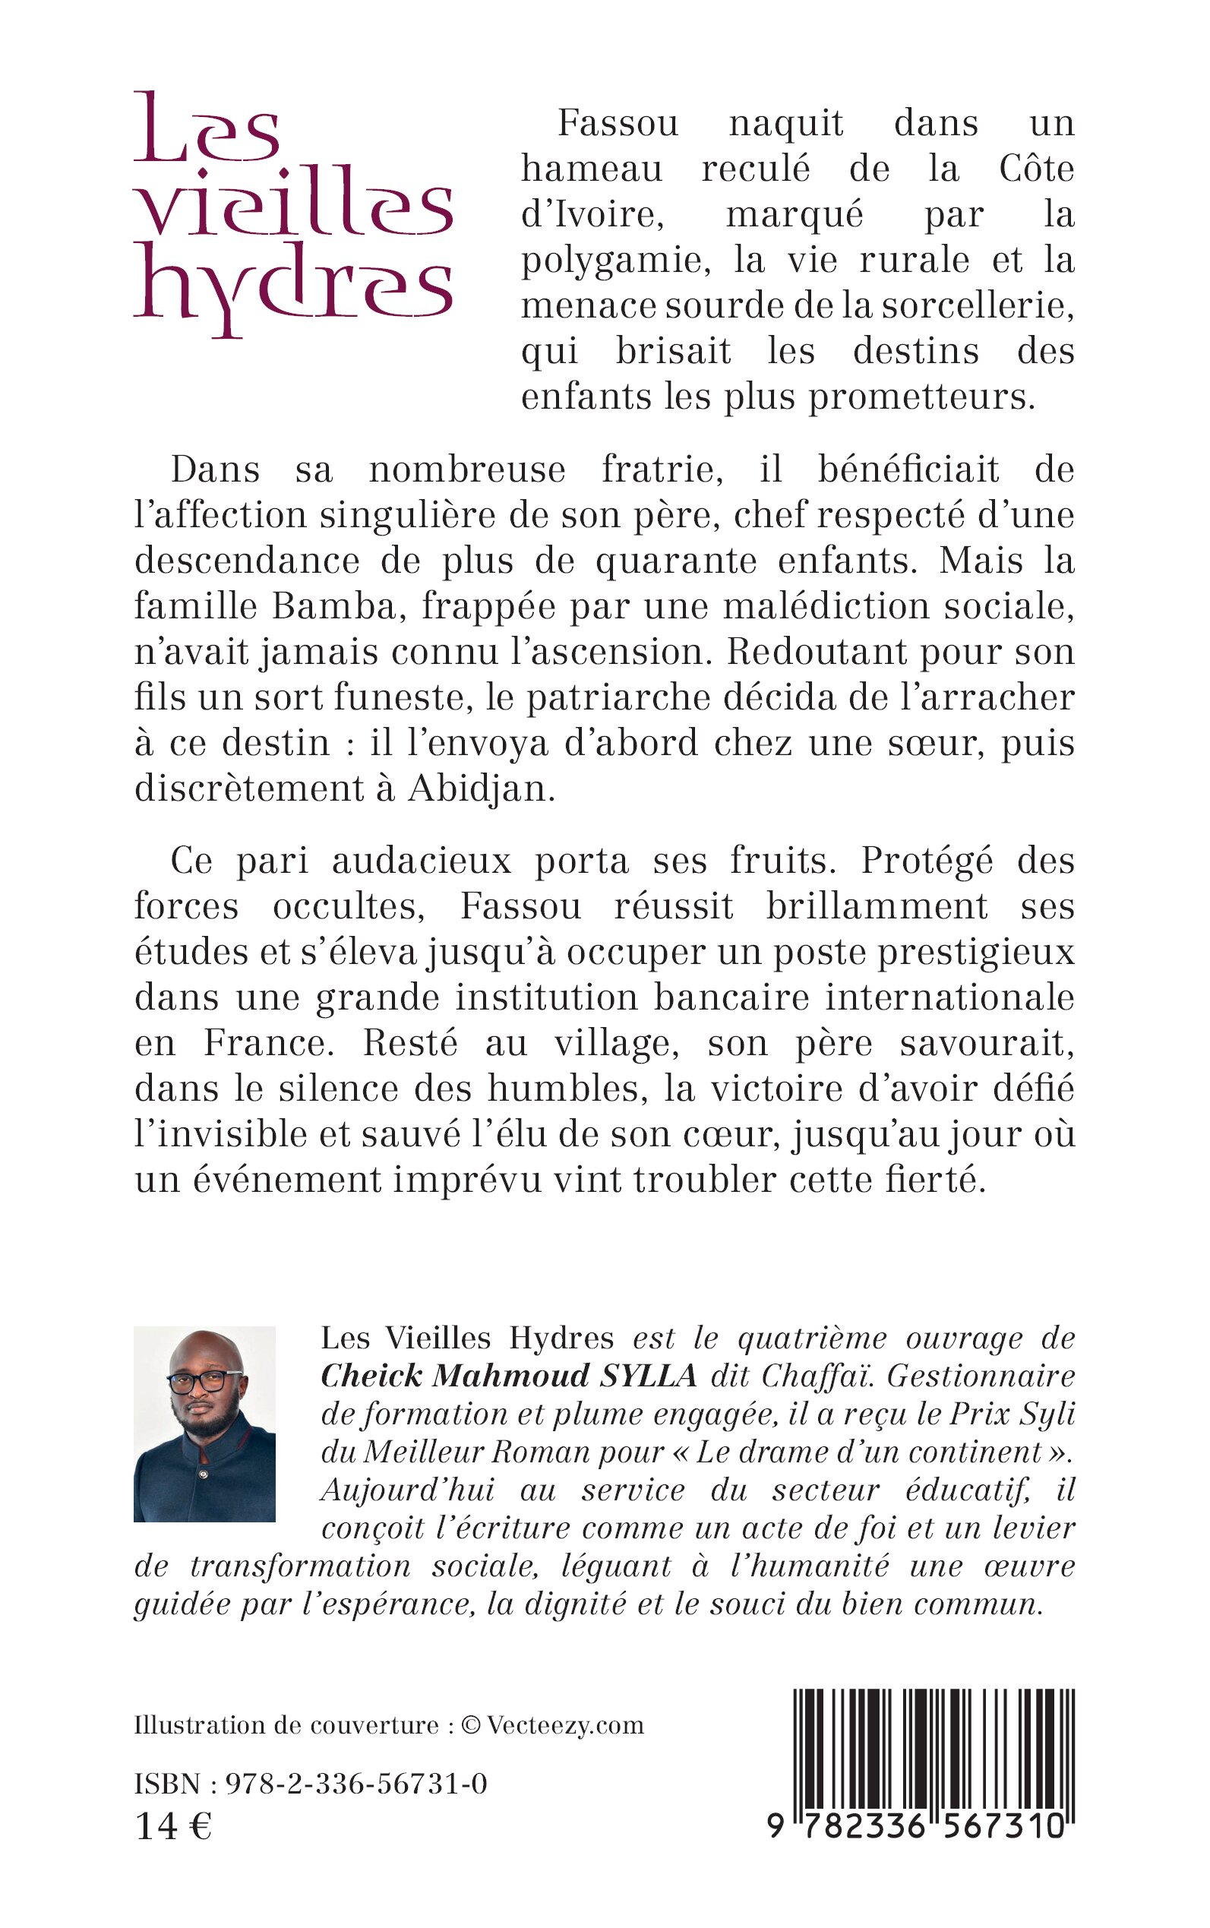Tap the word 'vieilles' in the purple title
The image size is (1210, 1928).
293,204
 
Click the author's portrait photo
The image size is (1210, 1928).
204,1424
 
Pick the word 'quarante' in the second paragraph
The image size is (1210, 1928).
676,561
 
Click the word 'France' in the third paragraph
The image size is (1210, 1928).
265,1044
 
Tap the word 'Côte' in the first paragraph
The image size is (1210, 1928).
1035,169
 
